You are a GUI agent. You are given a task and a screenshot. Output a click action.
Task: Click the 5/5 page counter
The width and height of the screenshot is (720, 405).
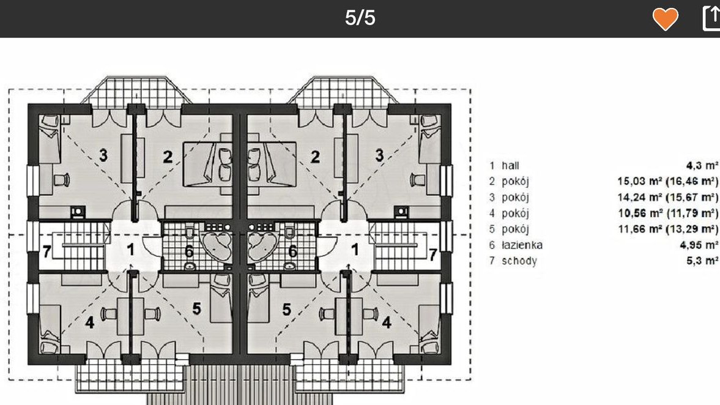coord(360,18)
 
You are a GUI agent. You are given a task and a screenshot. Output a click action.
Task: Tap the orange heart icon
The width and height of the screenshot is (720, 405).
coord(666,20)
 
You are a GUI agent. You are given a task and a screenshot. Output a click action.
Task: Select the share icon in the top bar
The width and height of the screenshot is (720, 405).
coord(711,18)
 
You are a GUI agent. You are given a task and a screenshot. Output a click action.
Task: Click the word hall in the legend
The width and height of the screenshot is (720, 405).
coord(510,165)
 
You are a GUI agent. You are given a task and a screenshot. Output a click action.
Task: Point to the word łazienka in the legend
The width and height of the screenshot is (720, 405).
coord(522,245)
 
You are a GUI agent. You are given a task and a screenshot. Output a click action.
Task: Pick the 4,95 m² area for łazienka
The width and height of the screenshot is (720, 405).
coord(699,245)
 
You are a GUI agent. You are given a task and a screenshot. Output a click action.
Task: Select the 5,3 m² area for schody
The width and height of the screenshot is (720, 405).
coord(702,261)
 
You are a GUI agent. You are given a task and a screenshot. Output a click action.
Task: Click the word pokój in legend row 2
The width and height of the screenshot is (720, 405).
coord(515,181)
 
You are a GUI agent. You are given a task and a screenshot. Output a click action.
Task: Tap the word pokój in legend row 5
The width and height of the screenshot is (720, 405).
coord(515,229)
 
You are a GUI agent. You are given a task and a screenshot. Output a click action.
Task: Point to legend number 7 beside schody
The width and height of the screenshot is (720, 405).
coord(492,261)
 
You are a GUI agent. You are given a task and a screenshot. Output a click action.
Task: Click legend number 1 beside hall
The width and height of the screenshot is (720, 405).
coord(492,165)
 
